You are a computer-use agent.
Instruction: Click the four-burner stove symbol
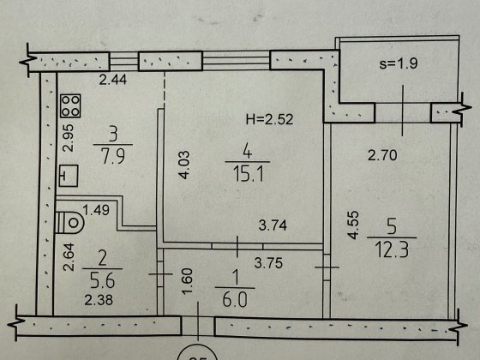tap(70, 106)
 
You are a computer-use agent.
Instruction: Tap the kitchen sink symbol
tap(69, 176)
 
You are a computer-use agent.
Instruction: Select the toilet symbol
tap(69, 222)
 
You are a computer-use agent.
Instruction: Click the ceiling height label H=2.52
tap(269, 119)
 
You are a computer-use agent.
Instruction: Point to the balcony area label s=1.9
tap(399, 63)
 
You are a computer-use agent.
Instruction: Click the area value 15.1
tap(248, 175)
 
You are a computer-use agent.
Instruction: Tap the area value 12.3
tap(393, 249)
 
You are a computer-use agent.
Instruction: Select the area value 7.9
tap(113, 156)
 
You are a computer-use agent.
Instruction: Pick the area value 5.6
tap(103, 280)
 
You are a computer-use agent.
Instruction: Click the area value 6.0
tap(235, 299)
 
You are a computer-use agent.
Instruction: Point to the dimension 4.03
tap(184, 165)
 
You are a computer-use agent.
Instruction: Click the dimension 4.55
tap(353, 225)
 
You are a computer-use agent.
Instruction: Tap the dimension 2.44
tap(113, 80)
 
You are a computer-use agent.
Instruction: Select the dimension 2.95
tap(69, 138)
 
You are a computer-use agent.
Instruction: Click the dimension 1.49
tap(96, 210)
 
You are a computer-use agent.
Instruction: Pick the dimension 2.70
tap(382, 155)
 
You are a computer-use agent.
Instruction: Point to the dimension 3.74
tap(273, 225)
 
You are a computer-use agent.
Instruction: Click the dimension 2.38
tap(99, 300)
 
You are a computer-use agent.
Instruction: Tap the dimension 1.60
tap(187, 281)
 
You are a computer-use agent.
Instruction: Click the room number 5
tap(392, 226)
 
